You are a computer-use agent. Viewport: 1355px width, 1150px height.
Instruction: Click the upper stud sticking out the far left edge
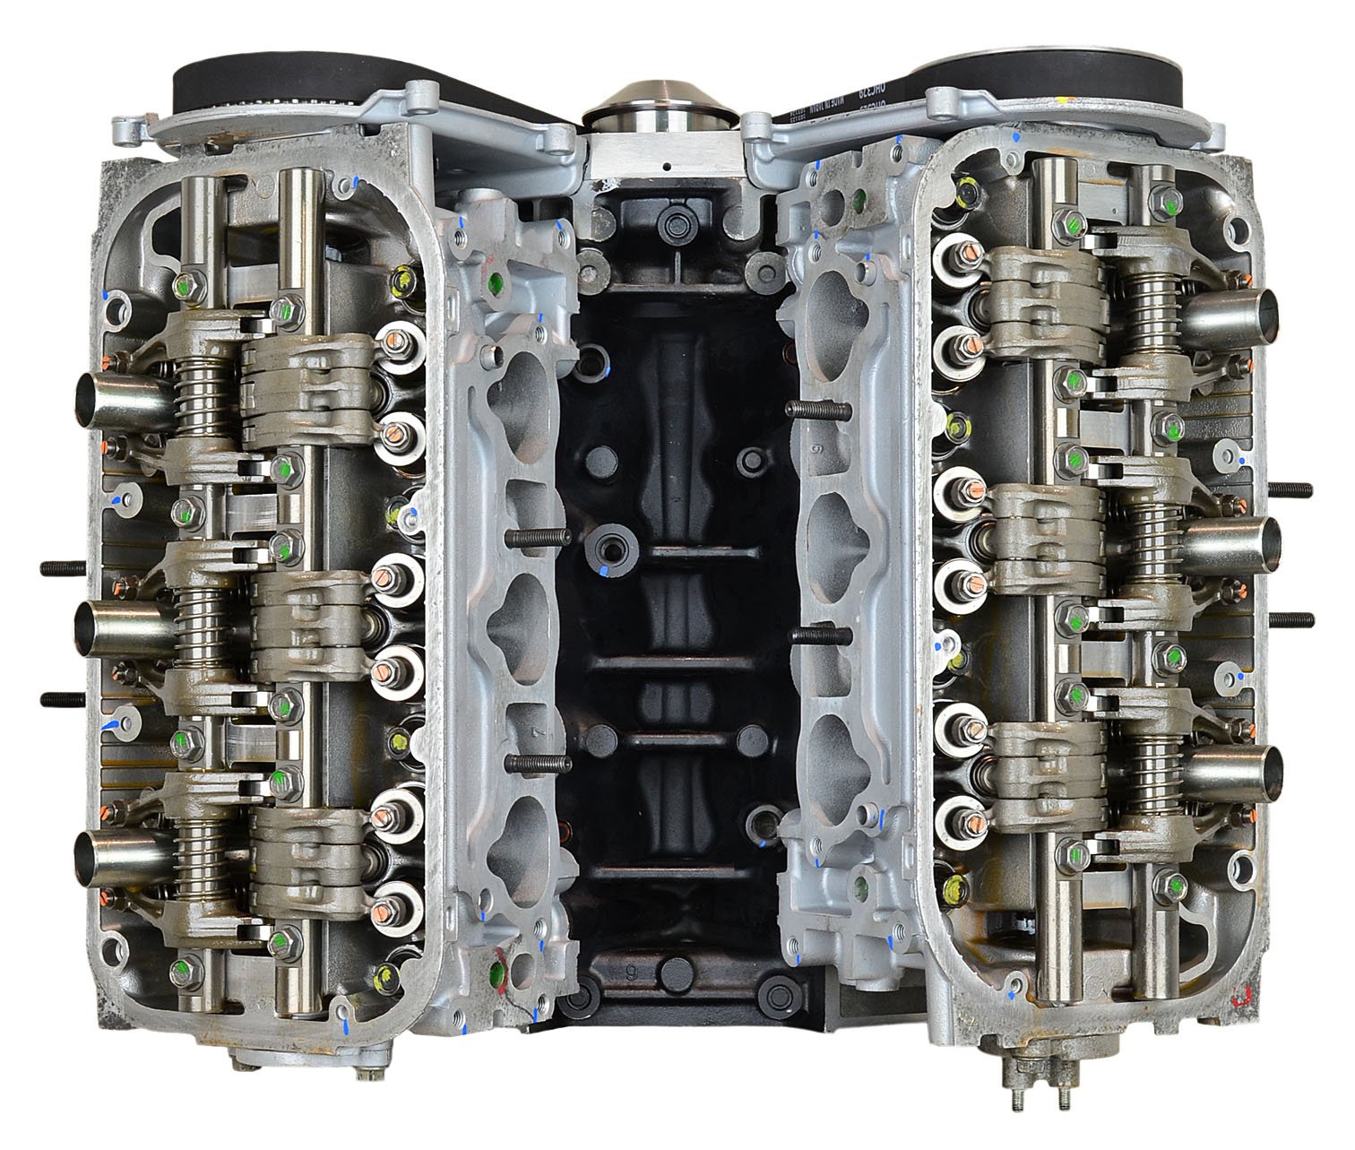click(x=63, y=567)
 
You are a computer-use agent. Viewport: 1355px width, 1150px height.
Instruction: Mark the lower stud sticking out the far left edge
click(x=63, y=698)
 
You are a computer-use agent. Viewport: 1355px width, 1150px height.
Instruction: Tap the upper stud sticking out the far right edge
click(x=1290, y=489)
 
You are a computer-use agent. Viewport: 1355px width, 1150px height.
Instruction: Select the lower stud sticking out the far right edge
click(x=1290, y=620)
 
